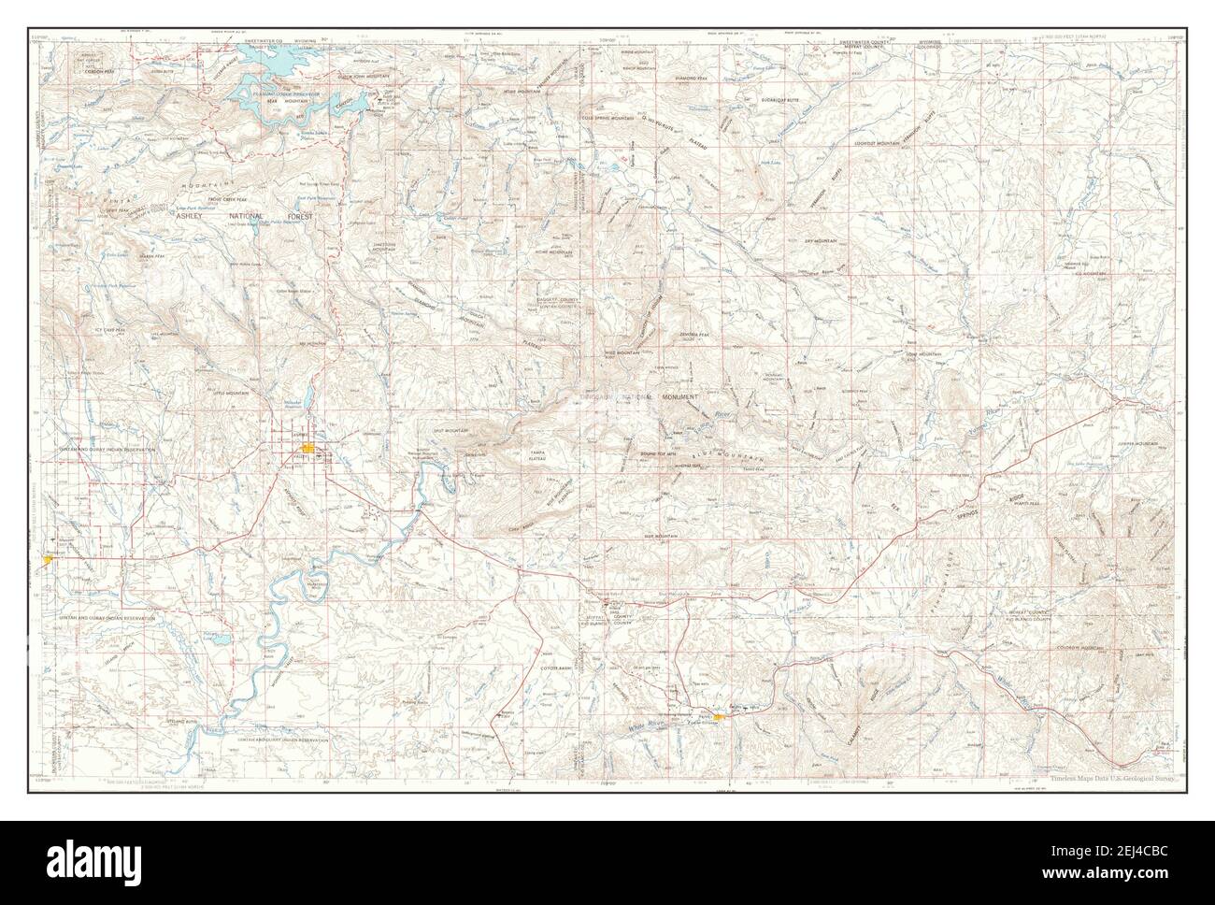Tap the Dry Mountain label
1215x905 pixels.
[x=823, y=241]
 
